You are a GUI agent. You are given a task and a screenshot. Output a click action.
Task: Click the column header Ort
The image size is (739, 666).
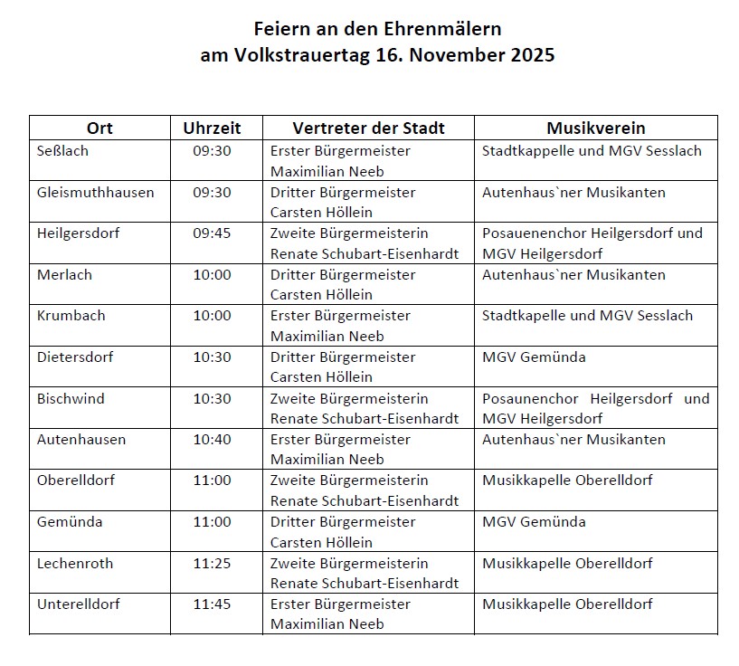tap(99, 128)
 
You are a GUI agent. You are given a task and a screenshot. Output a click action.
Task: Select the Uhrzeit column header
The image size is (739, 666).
tap(212, 128)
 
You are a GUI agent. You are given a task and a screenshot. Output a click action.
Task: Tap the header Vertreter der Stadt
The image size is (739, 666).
tap(368, 128)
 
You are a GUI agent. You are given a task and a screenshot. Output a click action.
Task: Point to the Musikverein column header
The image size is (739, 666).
tap(595, 128)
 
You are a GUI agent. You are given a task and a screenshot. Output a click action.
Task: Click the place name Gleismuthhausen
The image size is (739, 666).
tap(96, 192)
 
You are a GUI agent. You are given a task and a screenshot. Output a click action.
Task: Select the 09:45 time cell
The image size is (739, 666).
tap(212, 233)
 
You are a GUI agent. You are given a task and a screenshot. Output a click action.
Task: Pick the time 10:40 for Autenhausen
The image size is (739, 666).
tap(212, 440)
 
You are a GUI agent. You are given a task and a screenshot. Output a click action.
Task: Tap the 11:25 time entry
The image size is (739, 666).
tap(212, 564)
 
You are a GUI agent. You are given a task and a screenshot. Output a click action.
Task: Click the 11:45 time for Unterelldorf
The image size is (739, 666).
tap(212, 604)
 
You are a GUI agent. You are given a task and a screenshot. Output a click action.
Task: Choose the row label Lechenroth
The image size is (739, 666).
tap(75, 564)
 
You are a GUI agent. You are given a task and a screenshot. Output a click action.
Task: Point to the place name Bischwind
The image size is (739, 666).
tap(71, 399)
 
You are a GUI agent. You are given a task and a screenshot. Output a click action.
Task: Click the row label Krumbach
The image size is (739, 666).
tap(71, 316)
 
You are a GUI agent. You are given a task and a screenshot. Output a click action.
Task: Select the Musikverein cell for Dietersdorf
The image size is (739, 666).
tap(534, 357)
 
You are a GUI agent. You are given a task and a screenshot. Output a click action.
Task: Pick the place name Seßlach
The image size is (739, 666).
tap(63, 151)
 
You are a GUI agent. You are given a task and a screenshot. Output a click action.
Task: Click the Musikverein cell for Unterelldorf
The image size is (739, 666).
tap(567, 604)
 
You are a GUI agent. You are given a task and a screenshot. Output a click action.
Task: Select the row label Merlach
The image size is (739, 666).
tap(65, 275)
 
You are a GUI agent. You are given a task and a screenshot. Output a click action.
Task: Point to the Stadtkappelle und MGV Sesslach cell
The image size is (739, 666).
tap(592, 151)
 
